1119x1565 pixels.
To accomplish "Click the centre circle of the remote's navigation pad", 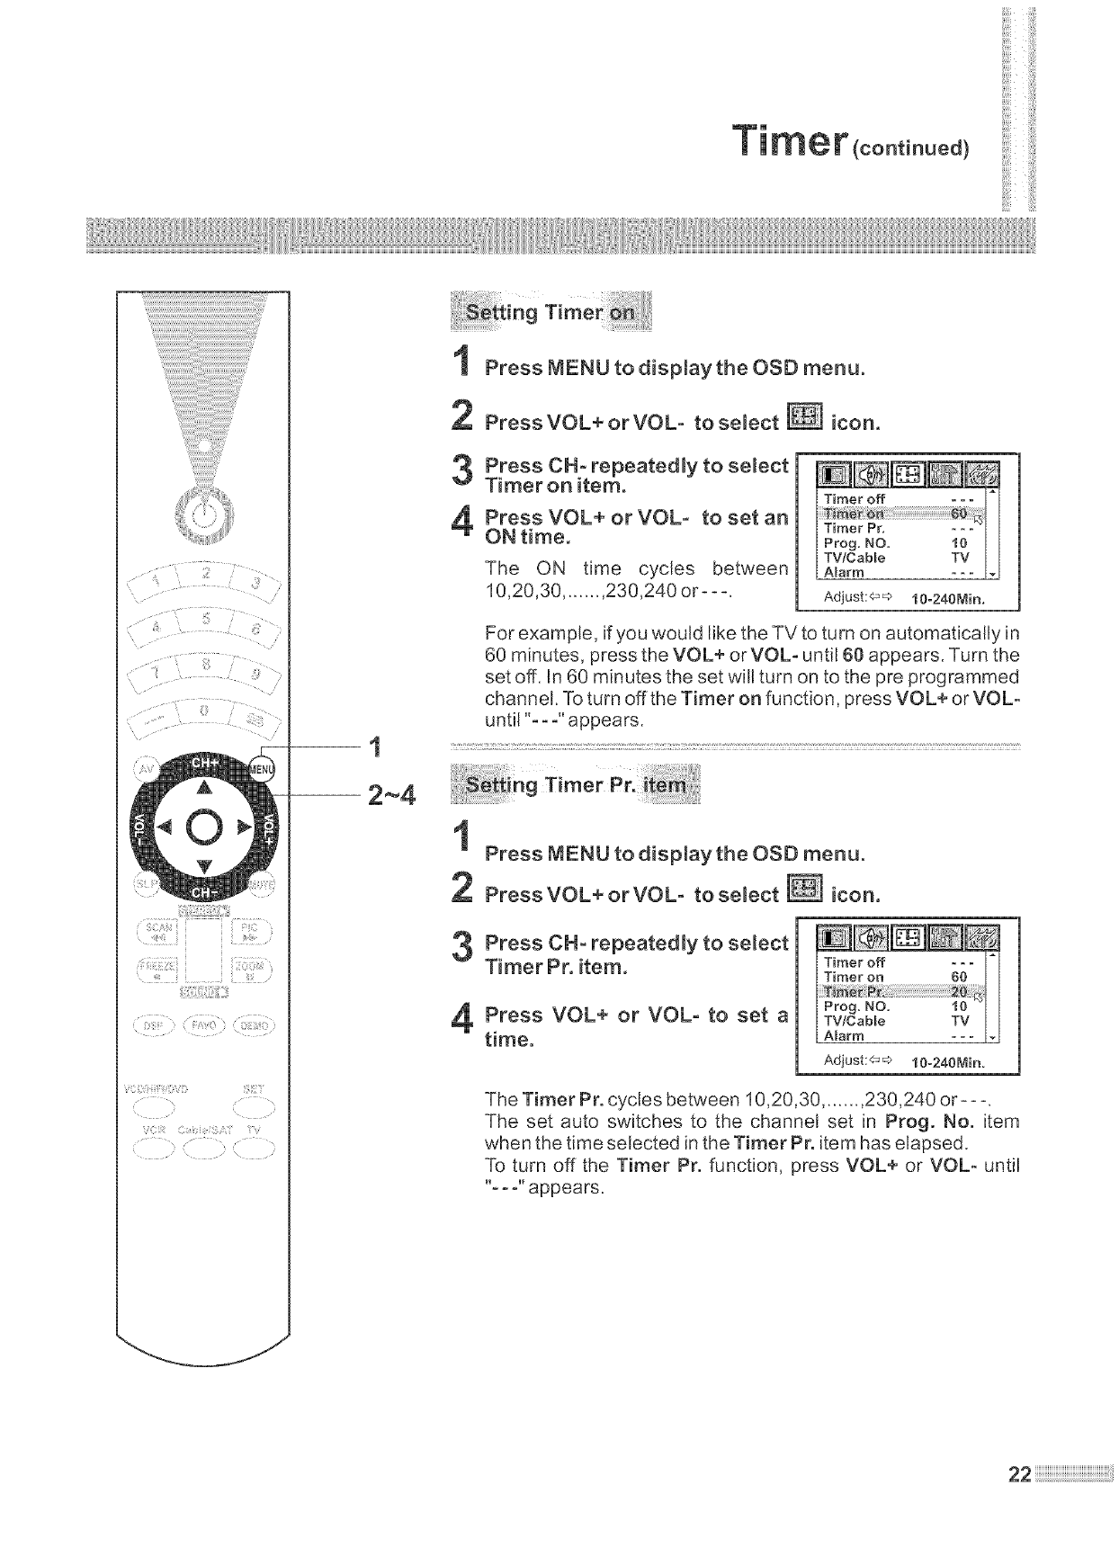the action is [204, 827].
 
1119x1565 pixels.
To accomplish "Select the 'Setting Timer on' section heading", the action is [550, 312].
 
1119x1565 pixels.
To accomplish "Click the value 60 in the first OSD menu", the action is [959, 514].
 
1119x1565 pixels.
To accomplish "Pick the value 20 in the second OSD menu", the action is [959, 991].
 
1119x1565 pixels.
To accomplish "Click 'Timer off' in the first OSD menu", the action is [855, 498].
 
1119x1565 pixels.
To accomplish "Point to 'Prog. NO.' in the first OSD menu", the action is [856, 543].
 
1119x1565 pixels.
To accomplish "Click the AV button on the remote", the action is [144, 770].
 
